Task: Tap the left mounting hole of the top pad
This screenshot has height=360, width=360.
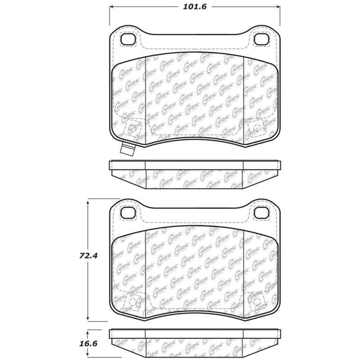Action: tap(128, 40)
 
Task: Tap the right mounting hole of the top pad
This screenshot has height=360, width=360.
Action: tap(261, 40)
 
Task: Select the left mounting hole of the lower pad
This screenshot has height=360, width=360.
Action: tap(128, 212)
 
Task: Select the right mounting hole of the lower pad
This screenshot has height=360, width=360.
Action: tap(261, 212)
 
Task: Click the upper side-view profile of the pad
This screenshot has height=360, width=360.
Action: tap(194, 175)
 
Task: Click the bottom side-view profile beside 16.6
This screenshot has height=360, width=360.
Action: tap(194, 343)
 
